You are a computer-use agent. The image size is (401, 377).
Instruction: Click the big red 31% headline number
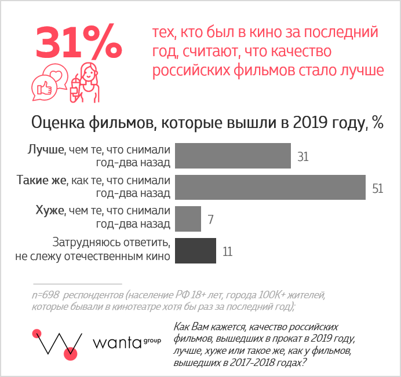tap(79, 42)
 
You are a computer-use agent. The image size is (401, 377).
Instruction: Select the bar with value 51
tap(269, 186)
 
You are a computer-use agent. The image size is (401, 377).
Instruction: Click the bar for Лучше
tap(232, 155)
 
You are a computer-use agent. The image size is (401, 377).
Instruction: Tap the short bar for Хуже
tap(187, 219)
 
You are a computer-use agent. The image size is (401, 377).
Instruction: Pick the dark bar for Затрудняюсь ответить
tap(195, 251)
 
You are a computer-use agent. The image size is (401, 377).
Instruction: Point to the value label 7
tap(211, 219)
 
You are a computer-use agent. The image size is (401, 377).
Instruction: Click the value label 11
tap(227, 252)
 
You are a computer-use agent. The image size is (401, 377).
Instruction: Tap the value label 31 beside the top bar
tap(302, 157)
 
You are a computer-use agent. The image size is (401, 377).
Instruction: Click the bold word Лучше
tap(45, 149)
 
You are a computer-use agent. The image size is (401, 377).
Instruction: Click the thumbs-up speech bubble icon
tap(45, 88)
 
